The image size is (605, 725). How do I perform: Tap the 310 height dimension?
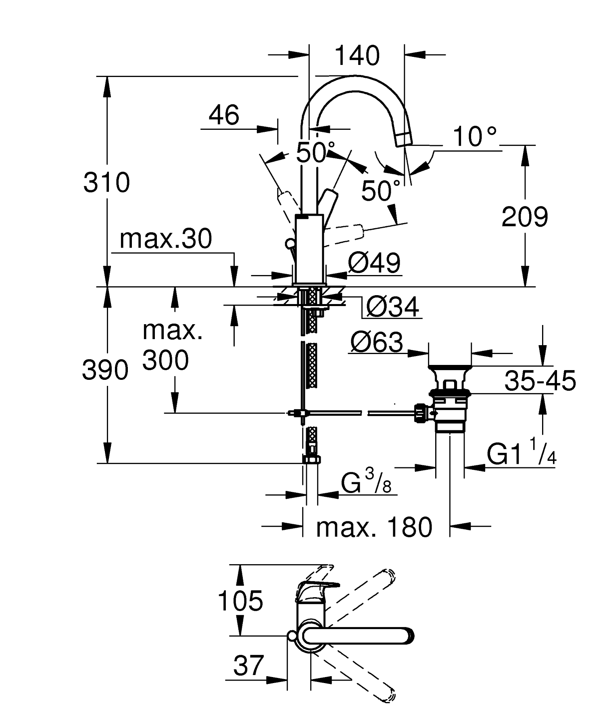tap(106, 182)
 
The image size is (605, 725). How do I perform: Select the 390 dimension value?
tap(105, 370)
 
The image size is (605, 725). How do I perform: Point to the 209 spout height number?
tap(525, 217)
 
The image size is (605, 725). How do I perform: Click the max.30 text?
tap(166, 239)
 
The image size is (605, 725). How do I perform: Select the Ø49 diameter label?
tap(374, 263)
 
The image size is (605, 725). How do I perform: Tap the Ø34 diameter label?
tap(392, 308)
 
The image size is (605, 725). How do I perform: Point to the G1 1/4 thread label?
tap(522, 454)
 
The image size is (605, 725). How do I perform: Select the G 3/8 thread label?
tap(366, 483)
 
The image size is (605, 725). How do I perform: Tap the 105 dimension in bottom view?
tap(240, 600)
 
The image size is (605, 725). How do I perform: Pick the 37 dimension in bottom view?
tap(248, 665)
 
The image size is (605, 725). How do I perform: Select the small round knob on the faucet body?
tap(289, 244)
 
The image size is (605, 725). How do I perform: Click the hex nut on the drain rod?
tap(421, 413)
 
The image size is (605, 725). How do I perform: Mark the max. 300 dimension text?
tap(166, 346)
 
